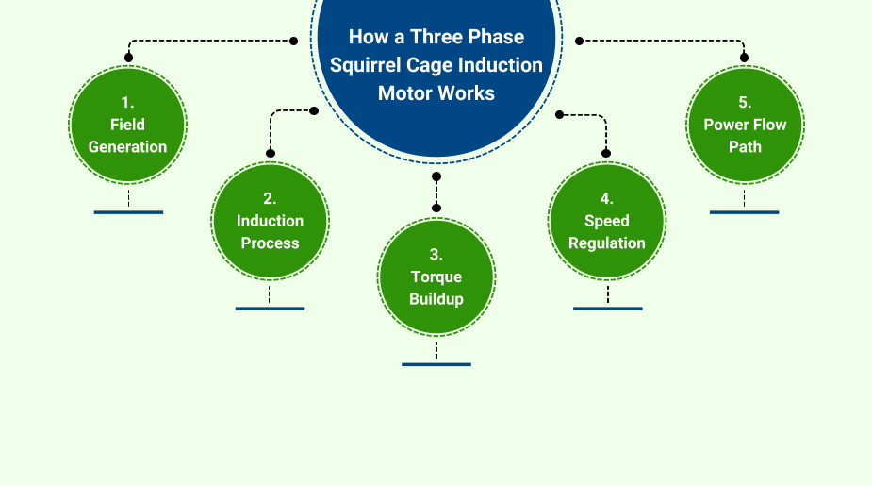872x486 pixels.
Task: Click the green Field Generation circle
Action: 128,126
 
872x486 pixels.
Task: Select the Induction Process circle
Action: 270,221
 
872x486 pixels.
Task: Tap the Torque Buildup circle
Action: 436,277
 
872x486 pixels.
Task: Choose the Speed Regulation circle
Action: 607,221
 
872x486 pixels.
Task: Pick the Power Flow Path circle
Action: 745,126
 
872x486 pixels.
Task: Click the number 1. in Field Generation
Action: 128,102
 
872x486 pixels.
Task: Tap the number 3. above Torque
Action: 436,255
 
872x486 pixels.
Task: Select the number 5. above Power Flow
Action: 745,103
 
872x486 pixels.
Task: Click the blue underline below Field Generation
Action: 128,212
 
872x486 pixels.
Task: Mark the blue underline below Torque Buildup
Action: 436,364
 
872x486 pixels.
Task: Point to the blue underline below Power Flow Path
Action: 745,212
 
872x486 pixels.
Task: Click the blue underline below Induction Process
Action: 270,309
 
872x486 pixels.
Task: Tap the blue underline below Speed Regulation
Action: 607,309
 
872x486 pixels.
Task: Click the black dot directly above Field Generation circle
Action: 128,58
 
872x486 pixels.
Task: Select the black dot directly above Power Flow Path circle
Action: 745,58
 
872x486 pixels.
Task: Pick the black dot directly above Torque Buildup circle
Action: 436,208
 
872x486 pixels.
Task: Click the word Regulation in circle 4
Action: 607,243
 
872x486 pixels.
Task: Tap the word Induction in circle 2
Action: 270,221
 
